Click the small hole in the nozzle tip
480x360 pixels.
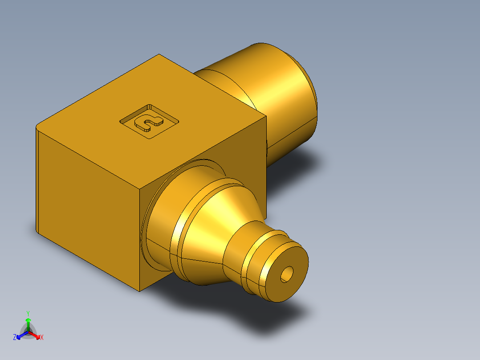pos(287,274)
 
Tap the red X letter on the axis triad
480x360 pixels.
pos(42,338)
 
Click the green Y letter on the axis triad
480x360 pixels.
pos(28,313)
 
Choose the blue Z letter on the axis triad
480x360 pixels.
pos(15,338)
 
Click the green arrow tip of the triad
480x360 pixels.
pos(28,320)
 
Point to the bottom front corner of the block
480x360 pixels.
pos(140,291)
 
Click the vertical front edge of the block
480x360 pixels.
pos(140,241)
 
